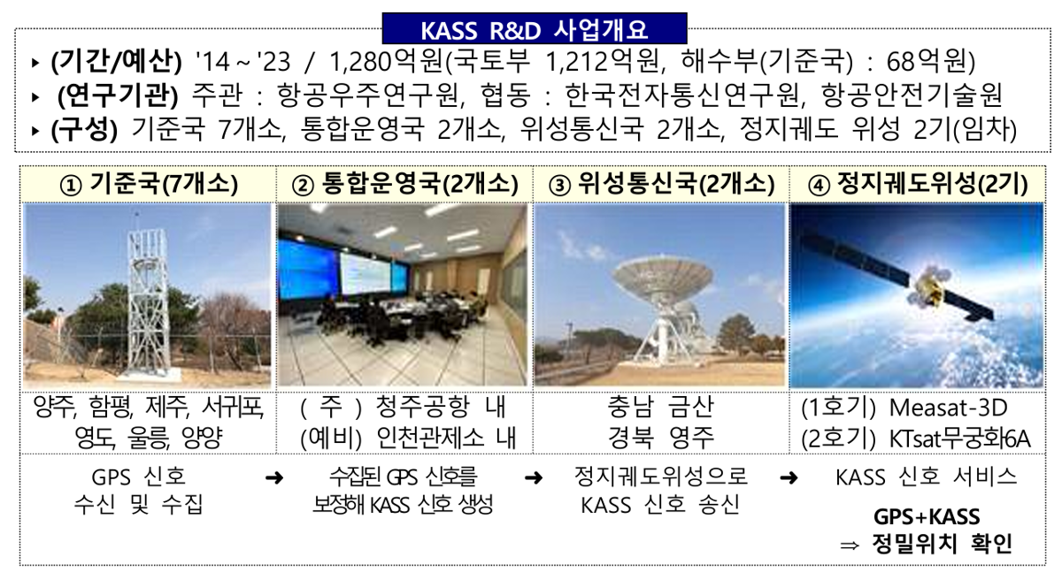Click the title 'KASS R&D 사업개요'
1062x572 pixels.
[x=535, y=30]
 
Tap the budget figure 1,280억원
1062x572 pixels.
[x=388, y=62]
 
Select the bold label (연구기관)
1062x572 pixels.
[x=118, y=95]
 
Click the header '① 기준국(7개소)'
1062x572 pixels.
[x=149, y=184]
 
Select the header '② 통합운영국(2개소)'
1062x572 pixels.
[x=405, y=184]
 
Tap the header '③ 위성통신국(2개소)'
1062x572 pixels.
[x=661, y=184]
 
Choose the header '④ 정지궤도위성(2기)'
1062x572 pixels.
[x=918, y=184]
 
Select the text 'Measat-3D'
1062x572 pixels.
[x=948, y=408]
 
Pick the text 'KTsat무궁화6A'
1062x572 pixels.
[x=959, y=439]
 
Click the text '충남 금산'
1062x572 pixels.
[x=660, y=408]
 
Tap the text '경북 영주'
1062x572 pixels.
[x=661, y=438]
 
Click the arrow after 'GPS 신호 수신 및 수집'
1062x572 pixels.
[x=274, y=477]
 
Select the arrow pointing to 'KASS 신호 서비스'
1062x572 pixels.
[x=789, y=477]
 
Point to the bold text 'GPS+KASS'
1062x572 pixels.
[x=927, y=517]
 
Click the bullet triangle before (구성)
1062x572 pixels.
[x=35, y=130]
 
